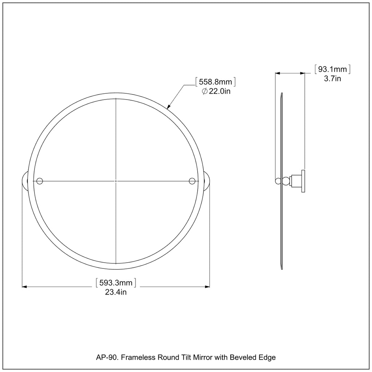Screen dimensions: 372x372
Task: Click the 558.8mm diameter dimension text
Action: tap(215, 82)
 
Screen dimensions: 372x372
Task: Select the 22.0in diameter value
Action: tap(219, 91)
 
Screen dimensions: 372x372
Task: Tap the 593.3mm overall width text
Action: tap(116, 283)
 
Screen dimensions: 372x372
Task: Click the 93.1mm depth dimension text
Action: tap(332, 69)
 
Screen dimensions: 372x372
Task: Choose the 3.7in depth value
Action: tap(332, 78)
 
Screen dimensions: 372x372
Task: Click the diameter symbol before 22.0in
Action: tap(205, 91)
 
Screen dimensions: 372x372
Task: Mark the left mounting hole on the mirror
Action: tap(40, 181)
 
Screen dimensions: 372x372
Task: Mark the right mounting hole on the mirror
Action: tap(192, 181)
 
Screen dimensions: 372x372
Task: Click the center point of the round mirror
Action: tap(116, 181)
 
